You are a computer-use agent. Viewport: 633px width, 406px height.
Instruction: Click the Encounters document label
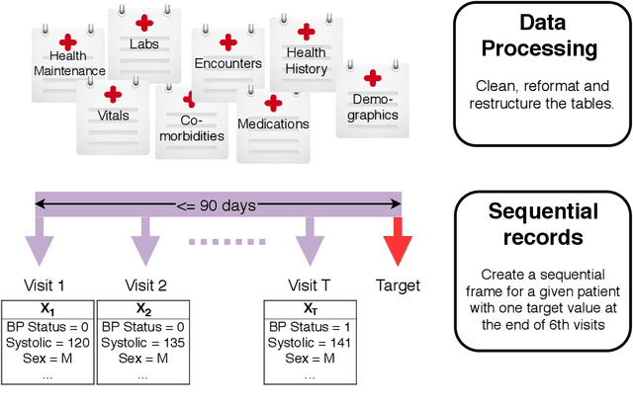(228, 64)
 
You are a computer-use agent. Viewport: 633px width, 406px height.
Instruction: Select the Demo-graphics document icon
(374, 104)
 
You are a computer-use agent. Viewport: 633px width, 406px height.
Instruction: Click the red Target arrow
(402, 243)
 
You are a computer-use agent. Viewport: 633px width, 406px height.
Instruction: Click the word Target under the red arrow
(398, 285)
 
